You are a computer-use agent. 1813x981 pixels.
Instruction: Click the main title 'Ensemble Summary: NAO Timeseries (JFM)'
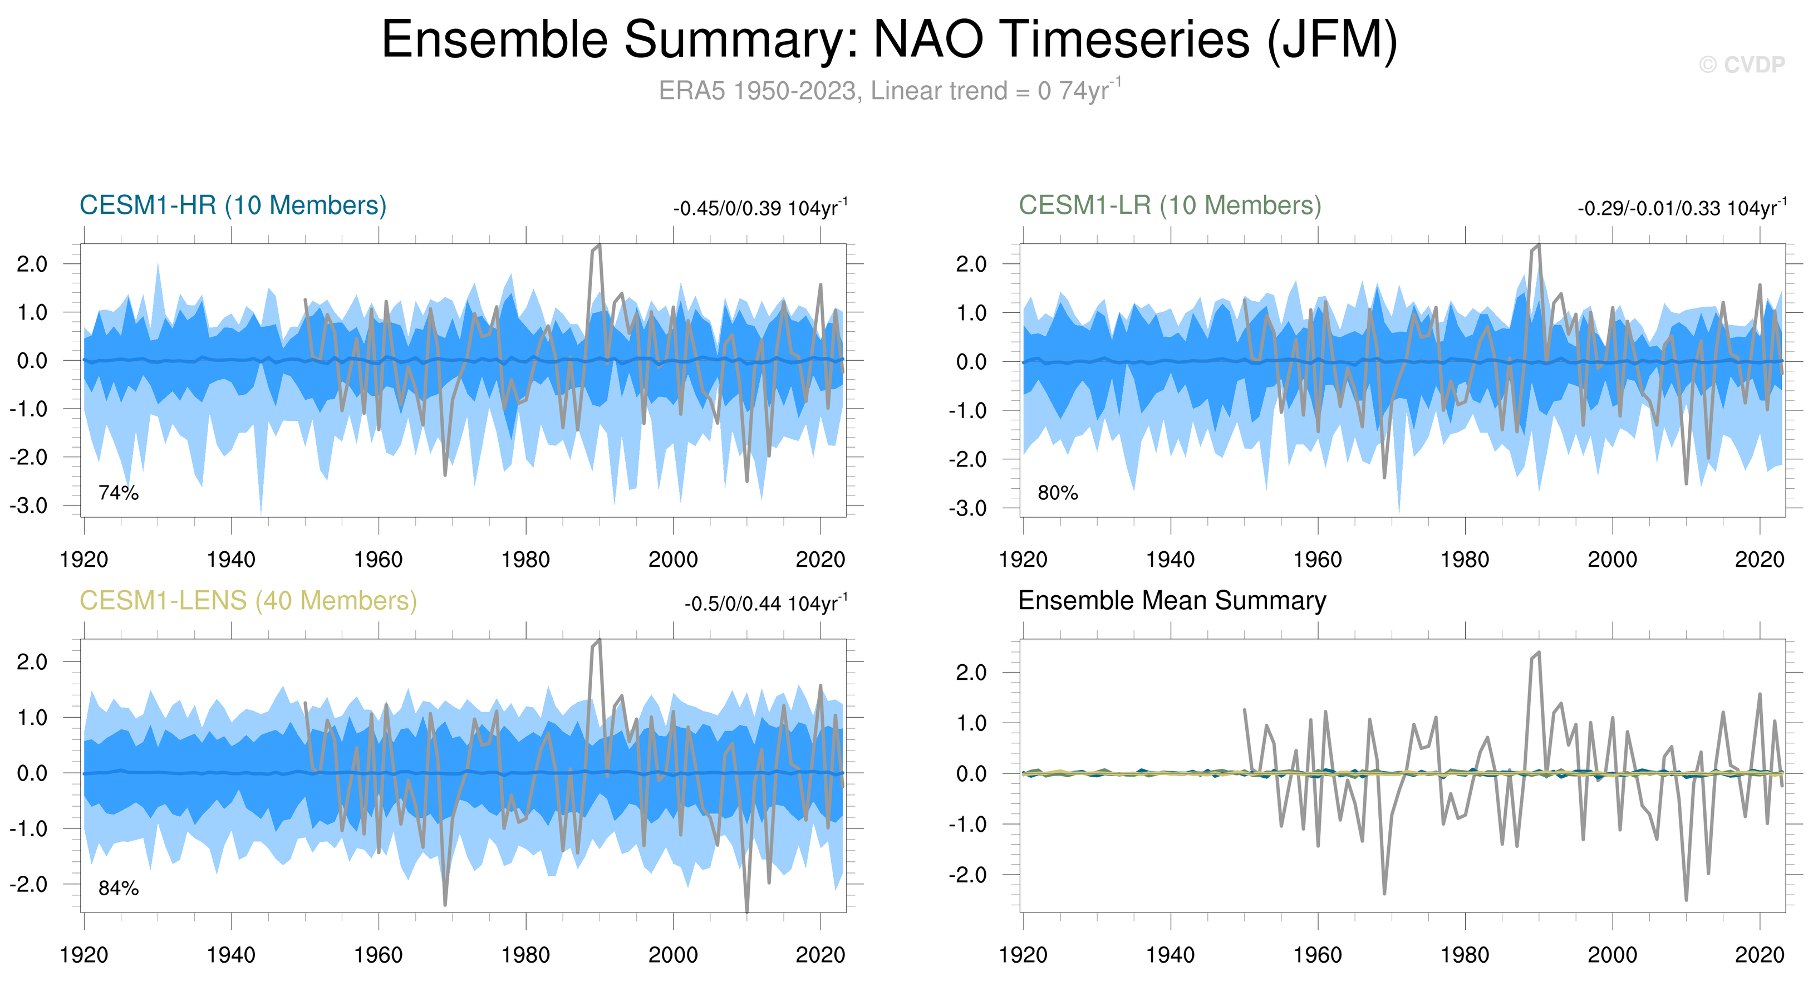tap(889, 40)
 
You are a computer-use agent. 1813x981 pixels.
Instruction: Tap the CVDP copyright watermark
tap(1741, 65)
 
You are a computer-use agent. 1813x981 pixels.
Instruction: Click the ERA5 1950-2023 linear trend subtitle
tap(889, 91)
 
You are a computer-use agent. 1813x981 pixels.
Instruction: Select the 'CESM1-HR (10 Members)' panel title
tap(233, 205)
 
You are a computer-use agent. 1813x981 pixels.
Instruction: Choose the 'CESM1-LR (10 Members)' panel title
tap(1170, 205)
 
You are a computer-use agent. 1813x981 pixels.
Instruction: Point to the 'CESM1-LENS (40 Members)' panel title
tap(248, 601)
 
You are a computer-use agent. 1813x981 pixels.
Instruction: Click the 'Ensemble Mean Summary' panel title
tap(1172, 601)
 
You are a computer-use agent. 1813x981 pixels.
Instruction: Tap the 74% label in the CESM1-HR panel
tap(118, 493)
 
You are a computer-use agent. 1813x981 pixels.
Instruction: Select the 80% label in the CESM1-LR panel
tap(1057, 493)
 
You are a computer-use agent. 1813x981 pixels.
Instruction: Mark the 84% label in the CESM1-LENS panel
tap(118, 888)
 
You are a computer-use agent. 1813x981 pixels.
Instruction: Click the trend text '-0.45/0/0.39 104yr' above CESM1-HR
tap(760, 208)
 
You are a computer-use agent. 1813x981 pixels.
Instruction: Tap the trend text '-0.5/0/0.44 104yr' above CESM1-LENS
tap(766, 604)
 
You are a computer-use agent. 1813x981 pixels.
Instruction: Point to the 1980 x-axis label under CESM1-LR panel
tap(1465, 560)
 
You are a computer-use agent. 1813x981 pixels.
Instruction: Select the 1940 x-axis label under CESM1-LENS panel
tap(231, 955)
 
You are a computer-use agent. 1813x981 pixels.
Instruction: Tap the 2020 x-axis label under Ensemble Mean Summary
tap(1759, 955)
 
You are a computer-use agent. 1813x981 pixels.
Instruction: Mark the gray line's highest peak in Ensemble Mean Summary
tap(1539, 653)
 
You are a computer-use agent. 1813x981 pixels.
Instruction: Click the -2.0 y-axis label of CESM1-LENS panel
tap(29, 884)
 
